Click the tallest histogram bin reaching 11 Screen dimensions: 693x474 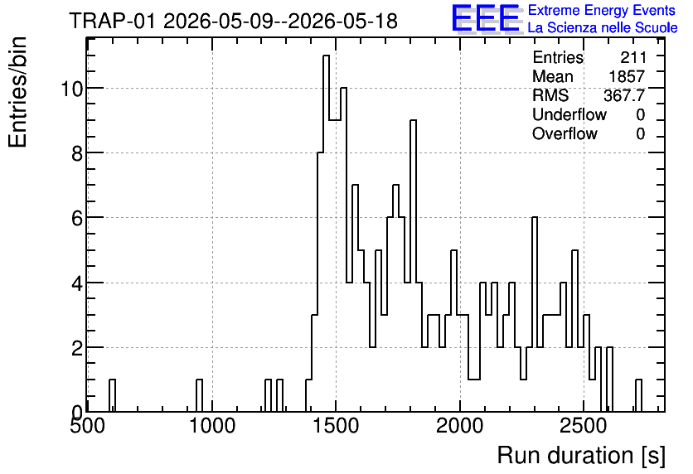pos(326,234)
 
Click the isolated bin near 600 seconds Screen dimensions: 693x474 pos(112,396)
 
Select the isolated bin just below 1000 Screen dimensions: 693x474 pos(199,396)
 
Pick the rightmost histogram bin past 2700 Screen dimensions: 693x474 pos(638,396)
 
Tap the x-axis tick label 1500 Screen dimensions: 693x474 pos(336,426)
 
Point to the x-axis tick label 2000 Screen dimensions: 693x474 pos(460,426)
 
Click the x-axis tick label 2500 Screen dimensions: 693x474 pos(584,426)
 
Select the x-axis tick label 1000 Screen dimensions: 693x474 pos(212,426)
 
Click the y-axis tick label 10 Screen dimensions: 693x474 pos(71,89)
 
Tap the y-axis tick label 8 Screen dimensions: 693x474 pos(77,153)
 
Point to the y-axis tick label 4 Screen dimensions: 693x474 pos(77,283)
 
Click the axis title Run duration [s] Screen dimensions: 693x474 pos(581,456)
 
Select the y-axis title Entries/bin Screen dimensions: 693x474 pos(18,92)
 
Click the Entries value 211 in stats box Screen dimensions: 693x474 pos(632,57)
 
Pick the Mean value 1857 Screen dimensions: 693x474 pos(628,76)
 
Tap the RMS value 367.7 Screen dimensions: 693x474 pos(624,95)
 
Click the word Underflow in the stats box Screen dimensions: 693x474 pos(569,114)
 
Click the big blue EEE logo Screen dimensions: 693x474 pos(486,18)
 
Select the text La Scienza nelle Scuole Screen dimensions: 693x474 pos(603,27)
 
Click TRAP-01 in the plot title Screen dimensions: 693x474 pos(112,21)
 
